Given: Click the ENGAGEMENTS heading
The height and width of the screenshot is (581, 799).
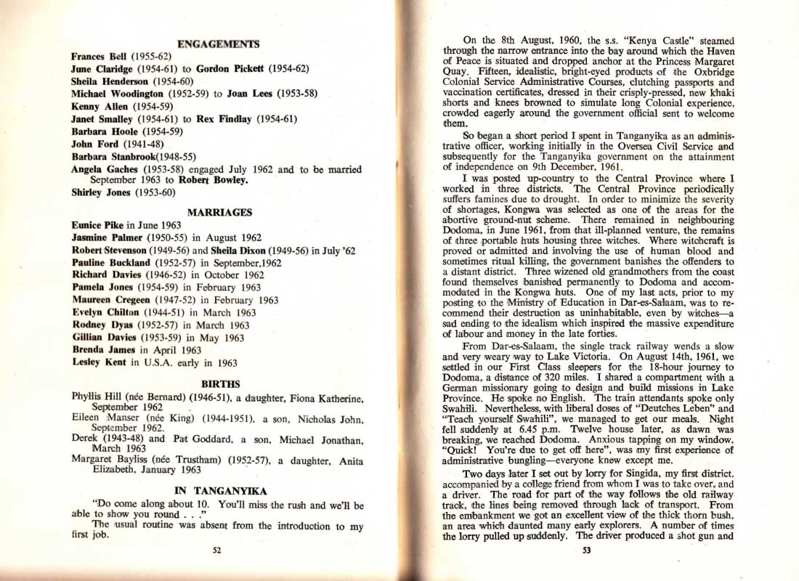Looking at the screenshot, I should pyautogui.click(x=218, y=44).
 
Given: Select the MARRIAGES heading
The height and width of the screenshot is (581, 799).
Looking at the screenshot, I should pyautogui.click(x=219, y=213).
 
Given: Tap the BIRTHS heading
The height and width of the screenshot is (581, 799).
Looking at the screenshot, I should pyautogui.click(x=219, y=383).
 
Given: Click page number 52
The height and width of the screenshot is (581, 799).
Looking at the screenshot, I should pyautogui.click(x=216, y=550).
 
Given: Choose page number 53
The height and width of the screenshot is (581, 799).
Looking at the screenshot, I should pyautogui.click(x=587, y=550).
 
